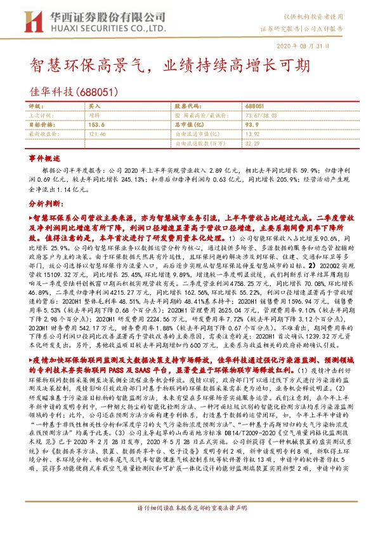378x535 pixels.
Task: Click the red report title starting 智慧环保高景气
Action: tap(171, 66)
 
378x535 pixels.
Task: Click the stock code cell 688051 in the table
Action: tap(254, 106)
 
